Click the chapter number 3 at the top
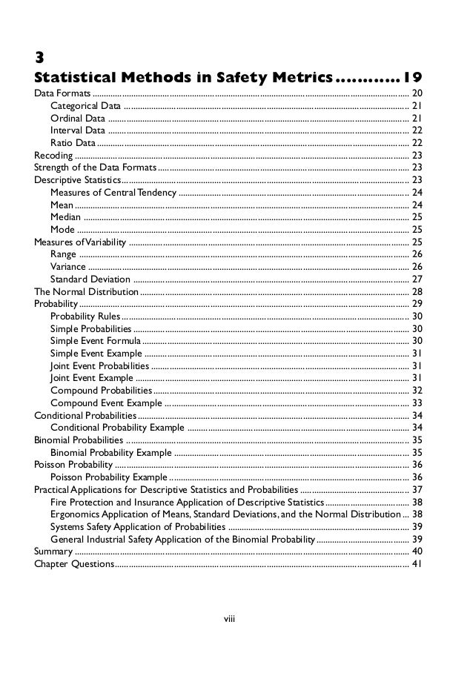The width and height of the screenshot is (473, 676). [x=41, y=56]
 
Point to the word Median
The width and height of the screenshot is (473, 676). [x=65, y=217]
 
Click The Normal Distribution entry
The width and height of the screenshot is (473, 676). [x=86, y=291]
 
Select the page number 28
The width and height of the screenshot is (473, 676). [x=417, y=291]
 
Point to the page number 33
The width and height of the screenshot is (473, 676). [x=417, y=402]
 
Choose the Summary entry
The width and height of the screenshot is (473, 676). [x=53, y=551]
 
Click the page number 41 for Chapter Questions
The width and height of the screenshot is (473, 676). [x=417, y=563]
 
